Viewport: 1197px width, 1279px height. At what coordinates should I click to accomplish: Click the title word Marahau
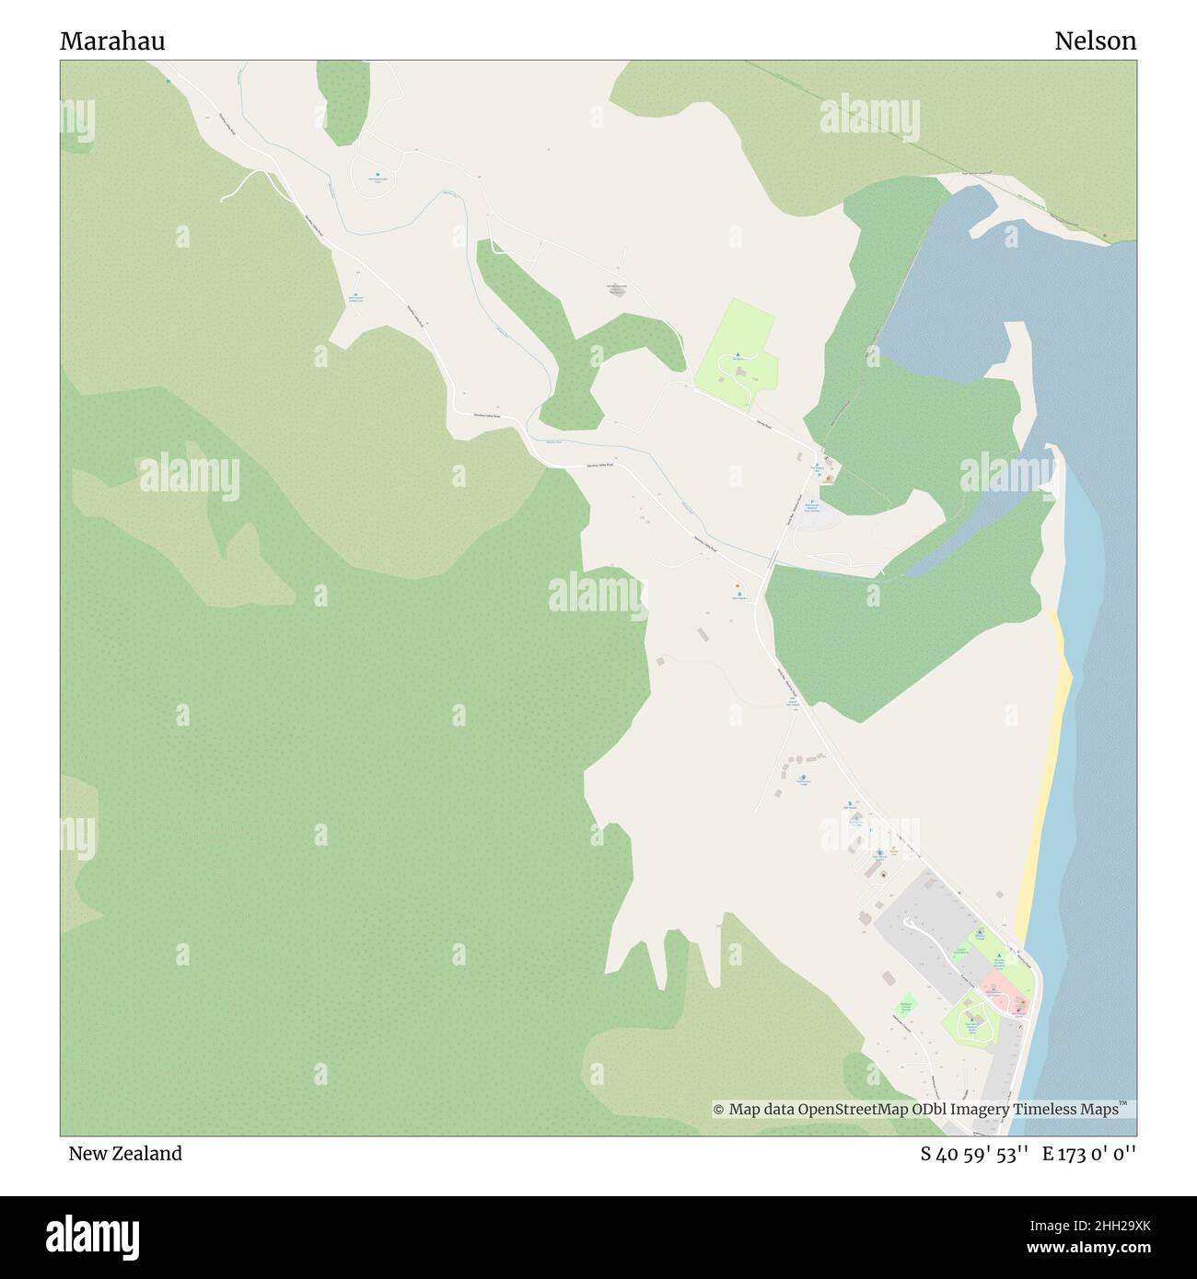(113, 41)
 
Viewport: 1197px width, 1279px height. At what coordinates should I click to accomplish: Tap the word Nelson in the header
(1095, 41)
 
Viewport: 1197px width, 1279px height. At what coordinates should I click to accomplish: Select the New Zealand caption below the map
(125, 1153)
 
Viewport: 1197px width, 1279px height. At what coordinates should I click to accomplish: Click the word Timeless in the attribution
(1046, 1110)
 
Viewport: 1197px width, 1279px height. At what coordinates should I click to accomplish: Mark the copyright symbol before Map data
(719, 1110)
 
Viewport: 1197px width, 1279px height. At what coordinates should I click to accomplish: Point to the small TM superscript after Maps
(1123, 1104)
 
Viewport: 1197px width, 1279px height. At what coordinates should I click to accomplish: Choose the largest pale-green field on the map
(737, 354)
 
